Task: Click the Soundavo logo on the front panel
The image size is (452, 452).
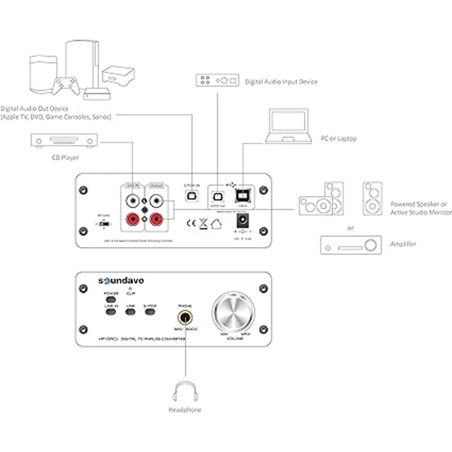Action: tap(121, 281)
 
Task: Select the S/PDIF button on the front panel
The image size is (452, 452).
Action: tap(150, 312)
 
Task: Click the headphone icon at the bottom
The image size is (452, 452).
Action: tap(185, 392)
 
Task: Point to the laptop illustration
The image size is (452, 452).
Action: tap(289, 127)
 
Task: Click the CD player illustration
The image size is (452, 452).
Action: tap(64, 141)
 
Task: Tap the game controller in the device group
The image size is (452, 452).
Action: tap(66, 86)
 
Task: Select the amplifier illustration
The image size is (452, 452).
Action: tap(351, 245)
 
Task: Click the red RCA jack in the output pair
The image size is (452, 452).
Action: tap(156, 219)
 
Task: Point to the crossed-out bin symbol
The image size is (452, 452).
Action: tap(203, 223)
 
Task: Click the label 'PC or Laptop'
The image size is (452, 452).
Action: tap(338, 139)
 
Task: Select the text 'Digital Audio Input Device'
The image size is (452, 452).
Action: tap(281, 82)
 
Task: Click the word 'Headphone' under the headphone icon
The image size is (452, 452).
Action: tap(185, 410)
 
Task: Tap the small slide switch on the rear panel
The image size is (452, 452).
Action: tap(105, 224)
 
